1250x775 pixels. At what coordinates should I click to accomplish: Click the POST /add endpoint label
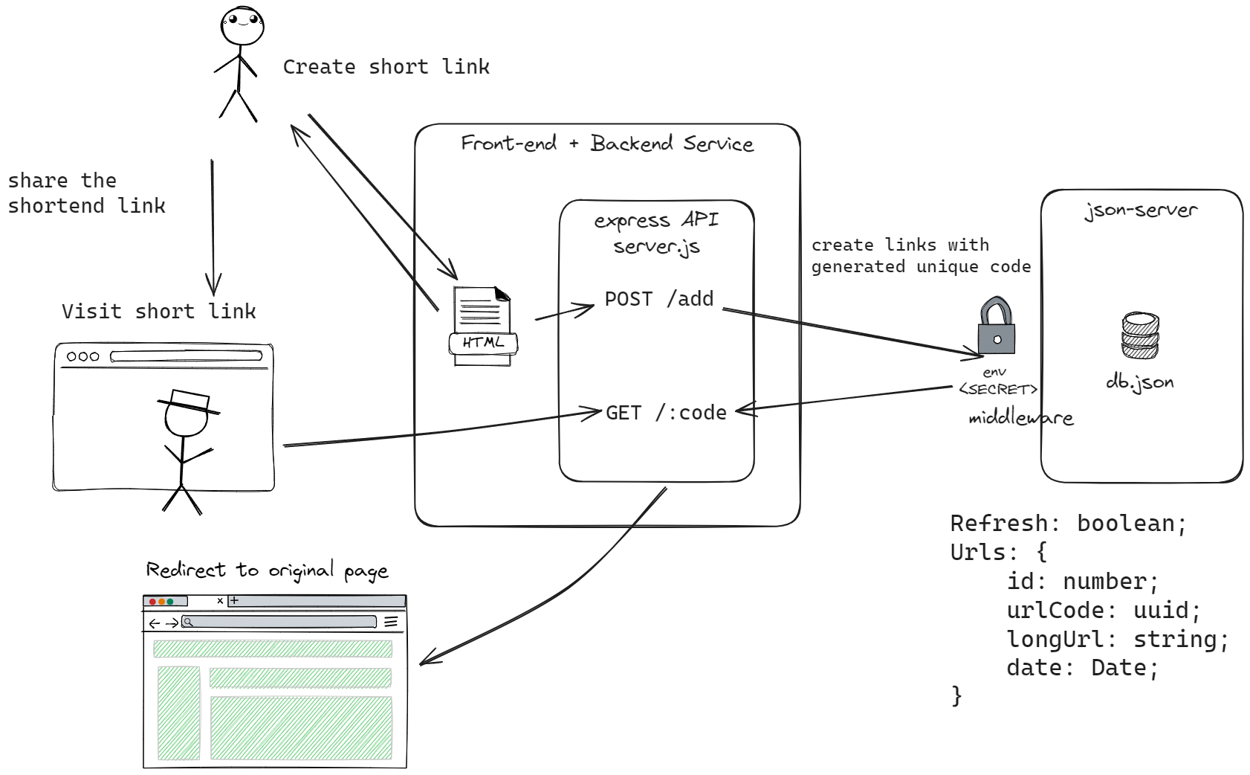tap(658, 299)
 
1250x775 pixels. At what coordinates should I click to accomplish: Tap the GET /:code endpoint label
tap(666, 413)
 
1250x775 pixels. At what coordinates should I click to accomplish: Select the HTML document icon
tap(483, 326)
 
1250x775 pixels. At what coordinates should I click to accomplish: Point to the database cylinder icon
tap(1139, 336)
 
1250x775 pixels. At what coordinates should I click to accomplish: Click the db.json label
tap(1139, 382)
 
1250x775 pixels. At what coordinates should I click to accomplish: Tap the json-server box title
tap(1141, 210)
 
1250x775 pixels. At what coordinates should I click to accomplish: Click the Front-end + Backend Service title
tap(606, 143)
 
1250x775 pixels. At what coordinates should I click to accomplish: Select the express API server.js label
tap(656, 233)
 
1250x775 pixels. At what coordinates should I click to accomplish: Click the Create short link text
tap(386, 67)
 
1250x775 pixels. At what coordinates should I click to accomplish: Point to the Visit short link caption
tap(158, 311)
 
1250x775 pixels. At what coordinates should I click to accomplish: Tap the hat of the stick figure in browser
tap(189, 402)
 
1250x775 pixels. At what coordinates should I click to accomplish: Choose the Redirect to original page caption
tap(267, 570)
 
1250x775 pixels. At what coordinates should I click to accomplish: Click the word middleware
tap(1020, 418)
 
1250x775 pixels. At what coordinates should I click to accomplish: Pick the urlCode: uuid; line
tap(1103, 611)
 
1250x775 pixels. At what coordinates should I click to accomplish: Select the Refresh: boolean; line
tap(1068, 524)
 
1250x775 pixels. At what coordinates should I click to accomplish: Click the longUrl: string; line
tap(1117, 640)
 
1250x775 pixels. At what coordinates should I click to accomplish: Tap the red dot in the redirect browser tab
tap(152, 602)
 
